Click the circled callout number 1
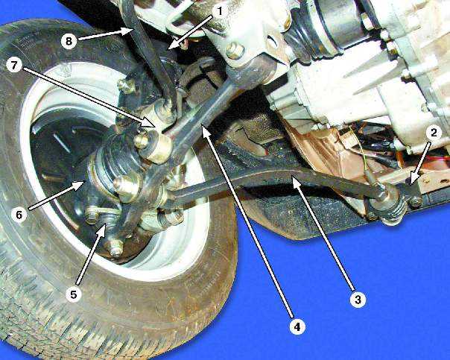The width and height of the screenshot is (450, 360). coord(219,12)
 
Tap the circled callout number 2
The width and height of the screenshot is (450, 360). coord(434,133)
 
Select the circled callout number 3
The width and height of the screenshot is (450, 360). coord(358,300)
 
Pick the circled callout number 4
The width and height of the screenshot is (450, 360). coord(297,326)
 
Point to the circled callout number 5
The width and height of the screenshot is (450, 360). coord(74,294)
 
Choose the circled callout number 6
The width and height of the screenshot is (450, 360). coord(19,215)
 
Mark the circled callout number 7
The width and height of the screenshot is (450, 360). coord(14,66)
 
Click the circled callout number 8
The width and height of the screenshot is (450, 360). coord(69,41)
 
